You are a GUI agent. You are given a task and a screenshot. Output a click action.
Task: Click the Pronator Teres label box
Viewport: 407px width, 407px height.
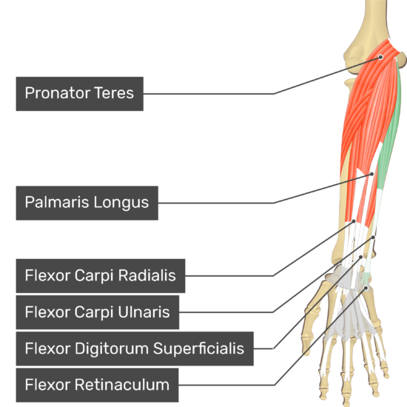[80, 94]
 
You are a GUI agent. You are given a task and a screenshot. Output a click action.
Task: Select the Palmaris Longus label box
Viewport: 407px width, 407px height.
[87, 203]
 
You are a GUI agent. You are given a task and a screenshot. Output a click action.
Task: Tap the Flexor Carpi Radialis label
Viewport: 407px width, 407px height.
[101, 276]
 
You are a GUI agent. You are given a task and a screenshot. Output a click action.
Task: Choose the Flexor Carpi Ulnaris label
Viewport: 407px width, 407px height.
[98, 312]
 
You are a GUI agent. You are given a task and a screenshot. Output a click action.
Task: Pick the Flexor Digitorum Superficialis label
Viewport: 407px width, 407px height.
[135, 349]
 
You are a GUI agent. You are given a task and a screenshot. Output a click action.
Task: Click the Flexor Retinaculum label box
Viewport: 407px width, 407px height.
[97, 385]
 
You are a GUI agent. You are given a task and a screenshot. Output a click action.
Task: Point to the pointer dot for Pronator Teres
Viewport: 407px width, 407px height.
[380, 57]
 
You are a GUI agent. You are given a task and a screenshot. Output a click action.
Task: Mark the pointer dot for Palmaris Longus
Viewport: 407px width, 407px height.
[371, 174]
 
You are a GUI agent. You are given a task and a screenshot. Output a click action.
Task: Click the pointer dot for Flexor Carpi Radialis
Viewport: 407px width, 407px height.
[354, 221]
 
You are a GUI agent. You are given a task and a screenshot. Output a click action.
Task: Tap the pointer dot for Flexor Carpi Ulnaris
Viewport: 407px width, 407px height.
[373, 238]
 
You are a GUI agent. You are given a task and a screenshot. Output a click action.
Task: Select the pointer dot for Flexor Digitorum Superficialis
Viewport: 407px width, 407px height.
[360, 257]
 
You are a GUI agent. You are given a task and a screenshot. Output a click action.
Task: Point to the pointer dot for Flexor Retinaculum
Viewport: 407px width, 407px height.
[366, 288]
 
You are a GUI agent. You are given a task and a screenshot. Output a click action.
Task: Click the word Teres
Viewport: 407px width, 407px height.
[114, 93]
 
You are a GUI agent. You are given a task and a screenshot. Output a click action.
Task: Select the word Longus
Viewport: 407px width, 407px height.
[121, 203]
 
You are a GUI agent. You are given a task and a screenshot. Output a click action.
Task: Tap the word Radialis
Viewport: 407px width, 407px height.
[147, 275]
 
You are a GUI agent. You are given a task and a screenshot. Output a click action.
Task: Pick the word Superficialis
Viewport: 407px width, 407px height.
[198, 349]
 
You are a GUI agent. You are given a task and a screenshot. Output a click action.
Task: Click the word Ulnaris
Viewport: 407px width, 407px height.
[144, 312]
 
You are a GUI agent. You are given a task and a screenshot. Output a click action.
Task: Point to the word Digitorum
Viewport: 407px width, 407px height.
[112, 349]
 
